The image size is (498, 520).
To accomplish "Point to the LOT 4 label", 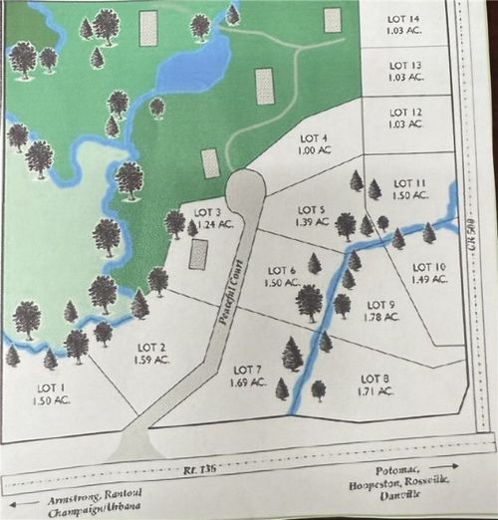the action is [x=313, y=138].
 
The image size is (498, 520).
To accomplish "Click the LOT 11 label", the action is [x=409, y=183].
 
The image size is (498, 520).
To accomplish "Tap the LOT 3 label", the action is [x=206, y=212].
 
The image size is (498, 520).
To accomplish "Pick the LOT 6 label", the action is [x=282, y=271].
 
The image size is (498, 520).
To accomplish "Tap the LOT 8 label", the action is [x=373, y=379].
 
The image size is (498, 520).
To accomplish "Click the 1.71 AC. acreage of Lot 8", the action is [x=373, y=390].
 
